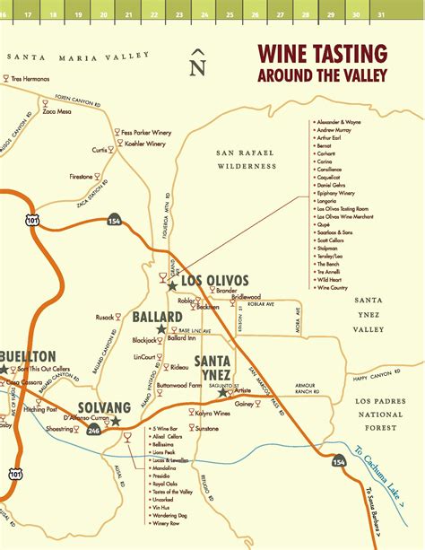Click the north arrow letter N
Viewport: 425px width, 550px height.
[198, 65]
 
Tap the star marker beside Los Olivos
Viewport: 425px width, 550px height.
[172, 284]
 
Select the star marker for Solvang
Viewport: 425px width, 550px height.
[115, 420]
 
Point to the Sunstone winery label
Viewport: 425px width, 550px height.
[205, 430]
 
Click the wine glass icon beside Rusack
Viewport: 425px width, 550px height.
[122, 316]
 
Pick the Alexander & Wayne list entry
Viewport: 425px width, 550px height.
[340, 120]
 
